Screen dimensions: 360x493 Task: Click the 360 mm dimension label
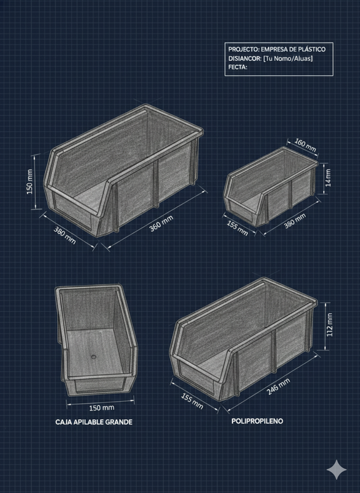[161, 224]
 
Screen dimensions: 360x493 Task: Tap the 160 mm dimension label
[305, 145]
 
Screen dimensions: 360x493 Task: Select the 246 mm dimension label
[278, 386]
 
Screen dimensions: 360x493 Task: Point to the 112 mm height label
[329, 325]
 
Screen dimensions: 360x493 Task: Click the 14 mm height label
[328, 178]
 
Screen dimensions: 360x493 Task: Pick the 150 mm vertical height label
[30, 182]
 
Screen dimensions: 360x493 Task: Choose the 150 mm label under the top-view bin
[102, 408]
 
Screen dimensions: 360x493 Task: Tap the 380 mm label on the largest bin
[65, 235]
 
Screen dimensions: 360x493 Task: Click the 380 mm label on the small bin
[295, 221]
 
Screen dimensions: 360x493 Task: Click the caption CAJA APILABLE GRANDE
[94, 422]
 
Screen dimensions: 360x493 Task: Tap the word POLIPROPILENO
[257, 421]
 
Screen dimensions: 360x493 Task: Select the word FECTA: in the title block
[238, 67]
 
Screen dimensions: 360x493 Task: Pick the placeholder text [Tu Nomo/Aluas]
[288, 59]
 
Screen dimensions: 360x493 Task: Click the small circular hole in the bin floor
[93, 357]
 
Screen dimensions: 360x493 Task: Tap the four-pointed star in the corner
[337, 470]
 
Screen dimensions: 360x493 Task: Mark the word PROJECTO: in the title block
[243, 49]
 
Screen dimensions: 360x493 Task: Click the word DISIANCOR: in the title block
[245, 59]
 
